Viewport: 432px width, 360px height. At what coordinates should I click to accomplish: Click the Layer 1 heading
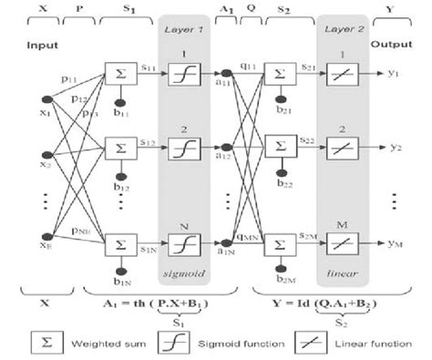click(186, 29)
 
